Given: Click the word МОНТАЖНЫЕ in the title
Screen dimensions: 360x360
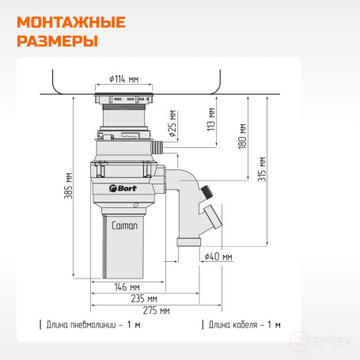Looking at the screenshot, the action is click(x=71, y=22).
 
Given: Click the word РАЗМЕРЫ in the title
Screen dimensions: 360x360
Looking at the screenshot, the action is click(x=58, y=41).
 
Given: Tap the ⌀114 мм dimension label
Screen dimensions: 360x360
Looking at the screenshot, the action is click(x=124, y=79).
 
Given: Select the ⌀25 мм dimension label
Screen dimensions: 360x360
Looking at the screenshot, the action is click(x=172, y=123).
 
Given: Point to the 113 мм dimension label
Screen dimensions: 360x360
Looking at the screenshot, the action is click(x=211, y=119).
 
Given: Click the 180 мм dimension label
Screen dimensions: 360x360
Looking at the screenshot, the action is click(x=242, y=136).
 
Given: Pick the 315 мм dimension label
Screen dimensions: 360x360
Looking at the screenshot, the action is click(x=262, y=169).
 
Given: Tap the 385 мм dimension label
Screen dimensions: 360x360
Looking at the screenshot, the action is click(x=68, y=186).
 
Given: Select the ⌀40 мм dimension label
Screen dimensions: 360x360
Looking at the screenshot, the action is click(x=218, y=256).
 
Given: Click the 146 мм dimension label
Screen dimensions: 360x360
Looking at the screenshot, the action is click(x=127, y=287).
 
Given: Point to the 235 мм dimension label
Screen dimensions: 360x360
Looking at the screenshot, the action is click(x=144, y=298).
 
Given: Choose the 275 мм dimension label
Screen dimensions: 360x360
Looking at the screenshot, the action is click(x=156, y=310).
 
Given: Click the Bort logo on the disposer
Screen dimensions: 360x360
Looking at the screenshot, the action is click(x=123, y=188).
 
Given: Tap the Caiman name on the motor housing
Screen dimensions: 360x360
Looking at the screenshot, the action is click(x=124, y=225).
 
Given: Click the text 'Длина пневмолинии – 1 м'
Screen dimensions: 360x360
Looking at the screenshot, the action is click(x=93, y=324).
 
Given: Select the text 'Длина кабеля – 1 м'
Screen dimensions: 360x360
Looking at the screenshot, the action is click(x=244, y=324).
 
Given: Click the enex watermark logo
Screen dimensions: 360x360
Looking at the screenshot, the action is click(x=320, y=342).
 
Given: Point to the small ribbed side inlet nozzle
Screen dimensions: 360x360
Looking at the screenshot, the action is click(x=157, y=147).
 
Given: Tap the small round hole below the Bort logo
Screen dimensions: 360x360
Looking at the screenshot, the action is click(x=136, y=205).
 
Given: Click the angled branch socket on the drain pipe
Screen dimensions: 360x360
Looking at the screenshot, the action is click(x=212, y=217).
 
